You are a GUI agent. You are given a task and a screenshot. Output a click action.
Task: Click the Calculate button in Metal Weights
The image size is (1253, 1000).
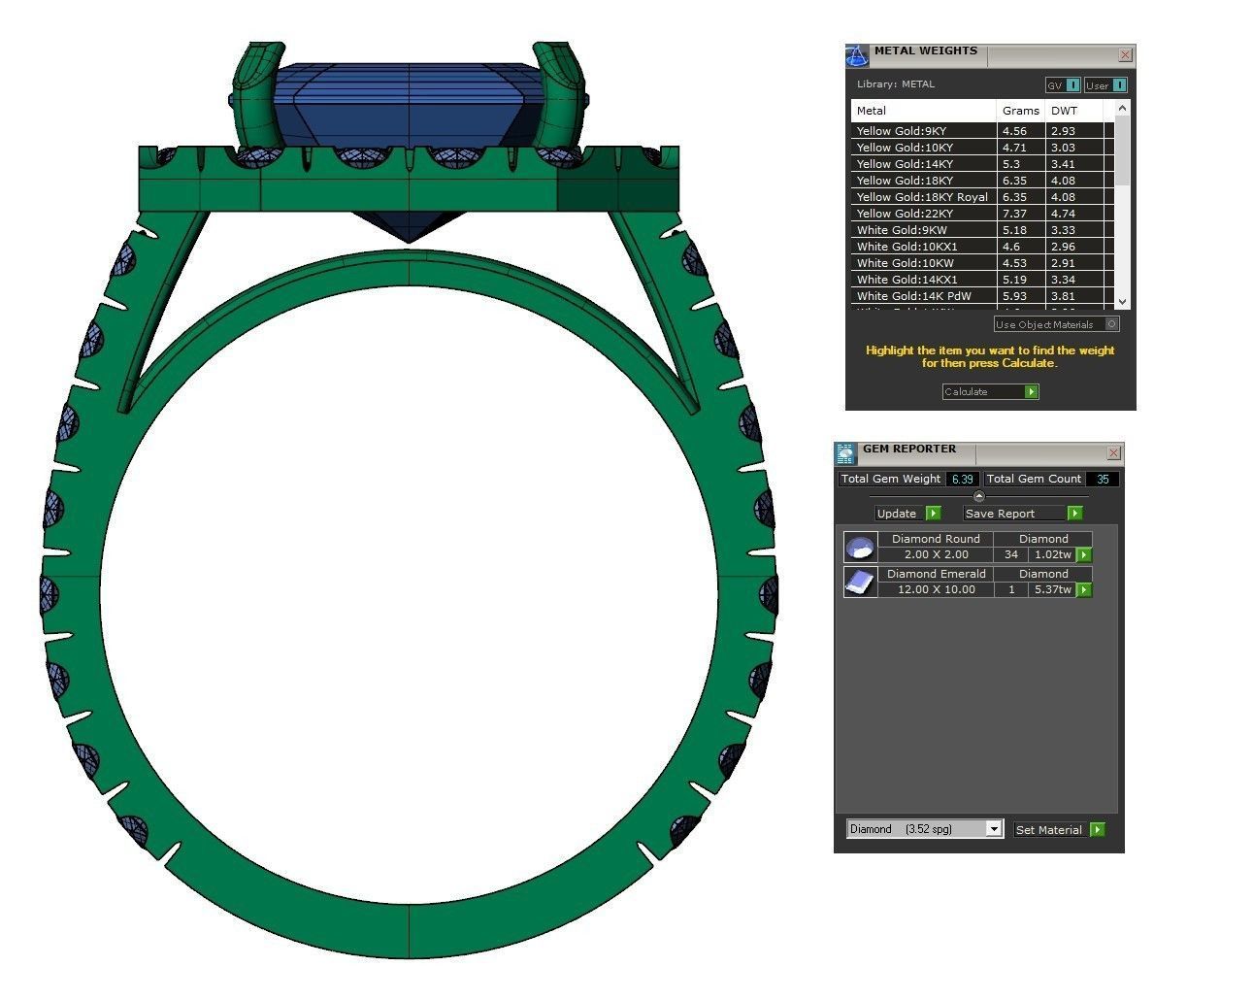(x=990, y=392)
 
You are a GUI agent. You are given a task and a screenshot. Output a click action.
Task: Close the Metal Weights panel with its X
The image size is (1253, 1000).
(x=1125, y=55)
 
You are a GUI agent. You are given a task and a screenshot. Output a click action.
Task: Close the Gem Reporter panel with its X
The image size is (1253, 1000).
(x=1113, y=453)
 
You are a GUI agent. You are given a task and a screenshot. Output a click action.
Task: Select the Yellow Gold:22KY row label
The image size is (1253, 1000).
(x=905, y=214)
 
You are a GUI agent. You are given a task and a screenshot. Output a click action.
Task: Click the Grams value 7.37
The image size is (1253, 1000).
(x=1014, y=214)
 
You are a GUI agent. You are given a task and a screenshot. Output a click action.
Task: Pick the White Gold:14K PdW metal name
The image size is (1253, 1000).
(x=913, y=296)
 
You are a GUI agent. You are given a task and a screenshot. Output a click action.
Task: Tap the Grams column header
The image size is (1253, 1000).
(x=1020, y=111)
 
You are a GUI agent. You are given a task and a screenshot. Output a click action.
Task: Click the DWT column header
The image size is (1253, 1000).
(x=1064, y=111)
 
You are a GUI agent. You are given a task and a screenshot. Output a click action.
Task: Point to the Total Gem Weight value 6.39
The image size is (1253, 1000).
(x=962, y=480)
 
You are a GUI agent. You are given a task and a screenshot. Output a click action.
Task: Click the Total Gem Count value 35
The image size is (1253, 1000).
(x=1103, y=480)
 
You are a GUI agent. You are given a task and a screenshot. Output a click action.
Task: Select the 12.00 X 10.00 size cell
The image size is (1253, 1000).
(x=936, y=590)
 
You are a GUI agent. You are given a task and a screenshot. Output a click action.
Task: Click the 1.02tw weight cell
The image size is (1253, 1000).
(x=1052, y=555)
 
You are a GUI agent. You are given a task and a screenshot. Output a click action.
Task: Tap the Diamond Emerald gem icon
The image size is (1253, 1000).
(x=860, y=582)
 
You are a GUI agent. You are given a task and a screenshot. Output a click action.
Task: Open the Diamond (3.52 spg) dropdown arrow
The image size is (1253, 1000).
(x=993, y=829)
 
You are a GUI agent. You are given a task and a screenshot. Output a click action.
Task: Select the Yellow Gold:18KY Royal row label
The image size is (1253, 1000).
(x=922, y=197)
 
